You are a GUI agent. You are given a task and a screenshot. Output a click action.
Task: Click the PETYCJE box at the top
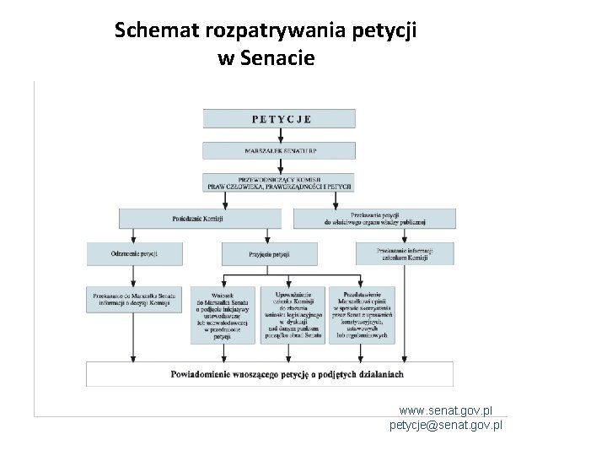click(x=281, y=119)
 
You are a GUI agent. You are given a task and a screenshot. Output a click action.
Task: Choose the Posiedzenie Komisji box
click(x=199, y=218)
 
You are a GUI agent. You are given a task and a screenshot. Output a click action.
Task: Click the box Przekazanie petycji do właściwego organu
click(x=374, y=218)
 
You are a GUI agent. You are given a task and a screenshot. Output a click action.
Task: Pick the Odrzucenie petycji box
click(x=134, y=253)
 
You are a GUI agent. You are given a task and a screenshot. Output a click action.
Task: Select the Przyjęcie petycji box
click(x=269, y=253)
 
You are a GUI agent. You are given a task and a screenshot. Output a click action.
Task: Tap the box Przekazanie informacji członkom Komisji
click(x=404, y=253)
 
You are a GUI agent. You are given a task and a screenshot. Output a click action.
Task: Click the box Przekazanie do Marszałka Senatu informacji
click(x=134, y=299)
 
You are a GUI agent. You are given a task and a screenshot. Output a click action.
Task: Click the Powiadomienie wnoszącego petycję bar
click(x=270, y=374)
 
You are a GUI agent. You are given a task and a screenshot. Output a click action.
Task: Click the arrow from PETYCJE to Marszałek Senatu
click(x=281, y=135)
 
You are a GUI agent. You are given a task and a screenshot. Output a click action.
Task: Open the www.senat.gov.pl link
click(x=445, y=410)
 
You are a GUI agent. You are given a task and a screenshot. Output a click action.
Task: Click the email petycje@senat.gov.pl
click(x=445, y=425)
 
